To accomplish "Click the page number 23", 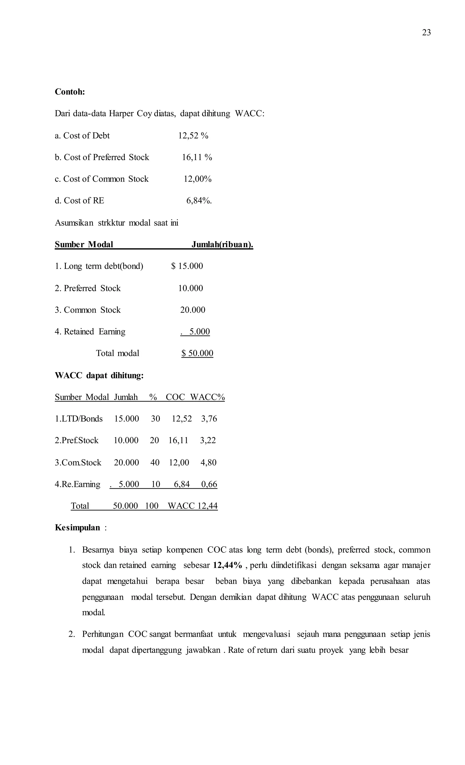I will [426, 33].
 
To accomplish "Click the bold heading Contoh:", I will [70, 92].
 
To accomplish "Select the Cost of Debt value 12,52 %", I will [193, 136].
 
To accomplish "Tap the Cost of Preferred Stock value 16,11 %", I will [197, 157].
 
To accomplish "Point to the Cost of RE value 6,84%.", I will [199, 201].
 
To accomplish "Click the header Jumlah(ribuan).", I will [222, 245].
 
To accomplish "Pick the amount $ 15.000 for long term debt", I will [187, 266].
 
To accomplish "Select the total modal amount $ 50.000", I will [197, 353].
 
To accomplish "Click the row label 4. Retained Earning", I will [90, 332].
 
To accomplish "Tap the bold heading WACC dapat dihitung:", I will [99, 376].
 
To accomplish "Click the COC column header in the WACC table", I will [175, 397].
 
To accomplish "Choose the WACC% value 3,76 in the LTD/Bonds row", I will [209, 419].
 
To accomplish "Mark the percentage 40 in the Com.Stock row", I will [155, 463].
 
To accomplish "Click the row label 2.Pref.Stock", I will [77, 440].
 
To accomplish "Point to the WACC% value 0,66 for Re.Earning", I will [209, 484].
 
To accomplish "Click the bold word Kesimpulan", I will [77, 528].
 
